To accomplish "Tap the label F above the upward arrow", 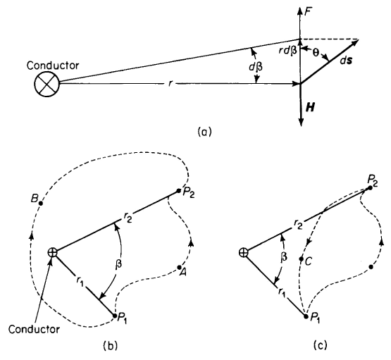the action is click(308, 11).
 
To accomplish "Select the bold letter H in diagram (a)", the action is click(310, 108).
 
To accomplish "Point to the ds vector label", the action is click(346, 61).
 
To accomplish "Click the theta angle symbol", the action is click(316, 53).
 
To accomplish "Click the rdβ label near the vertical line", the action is click(289, 51).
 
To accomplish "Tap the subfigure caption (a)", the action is click(204, 132).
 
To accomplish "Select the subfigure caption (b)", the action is click(110, 346).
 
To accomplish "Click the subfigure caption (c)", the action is click(320, 346).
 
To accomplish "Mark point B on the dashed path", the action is click(41, 203).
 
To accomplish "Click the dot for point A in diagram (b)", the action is click(179, 267).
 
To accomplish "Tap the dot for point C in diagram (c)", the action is click(302, 259).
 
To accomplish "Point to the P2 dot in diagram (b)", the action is click(178, 191).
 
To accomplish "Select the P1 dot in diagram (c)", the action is click(306, 316).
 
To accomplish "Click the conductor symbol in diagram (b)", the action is click(53, 252).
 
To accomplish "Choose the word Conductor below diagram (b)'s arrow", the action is click(34, 329).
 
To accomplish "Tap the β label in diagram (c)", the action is click(283, 256).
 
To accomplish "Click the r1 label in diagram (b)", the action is click(80, 282).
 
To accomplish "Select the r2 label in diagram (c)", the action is click(298, 225).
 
